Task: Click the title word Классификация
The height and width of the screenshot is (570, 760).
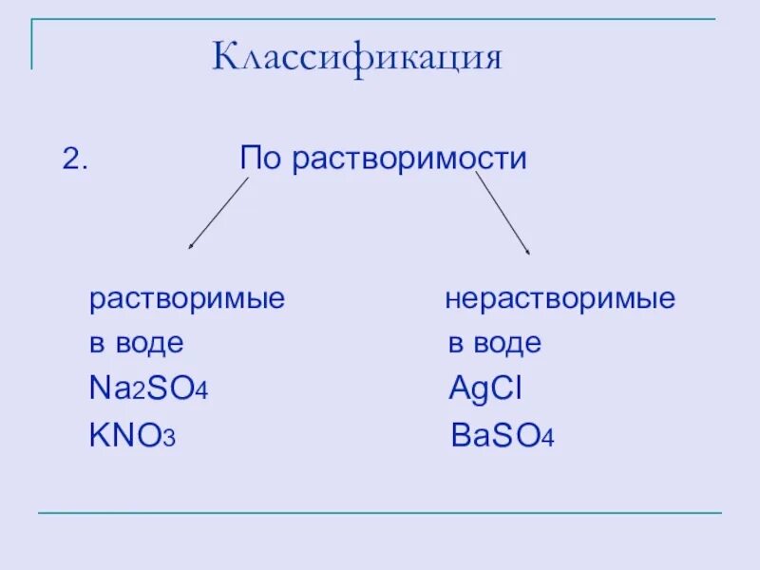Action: (356, 58)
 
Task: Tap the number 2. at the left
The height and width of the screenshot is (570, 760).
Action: (75, 159)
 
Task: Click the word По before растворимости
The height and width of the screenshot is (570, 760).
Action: (261, 158)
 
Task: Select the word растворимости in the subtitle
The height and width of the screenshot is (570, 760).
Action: (409, 159)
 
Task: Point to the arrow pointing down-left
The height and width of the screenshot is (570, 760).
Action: (218, 213)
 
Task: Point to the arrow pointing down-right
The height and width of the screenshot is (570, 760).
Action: (502, 213)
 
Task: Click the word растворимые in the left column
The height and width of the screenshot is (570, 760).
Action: (187, 300)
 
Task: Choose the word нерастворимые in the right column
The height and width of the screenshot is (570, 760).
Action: (560, 300)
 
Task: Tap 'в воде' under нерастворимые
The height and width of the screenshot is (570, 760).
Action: (494, 343)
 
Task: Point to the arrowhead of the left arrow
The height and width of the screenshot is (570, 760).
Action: (191, 246)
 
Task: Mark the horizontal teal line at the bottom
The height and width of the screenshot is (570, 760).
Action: (380, 513)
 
